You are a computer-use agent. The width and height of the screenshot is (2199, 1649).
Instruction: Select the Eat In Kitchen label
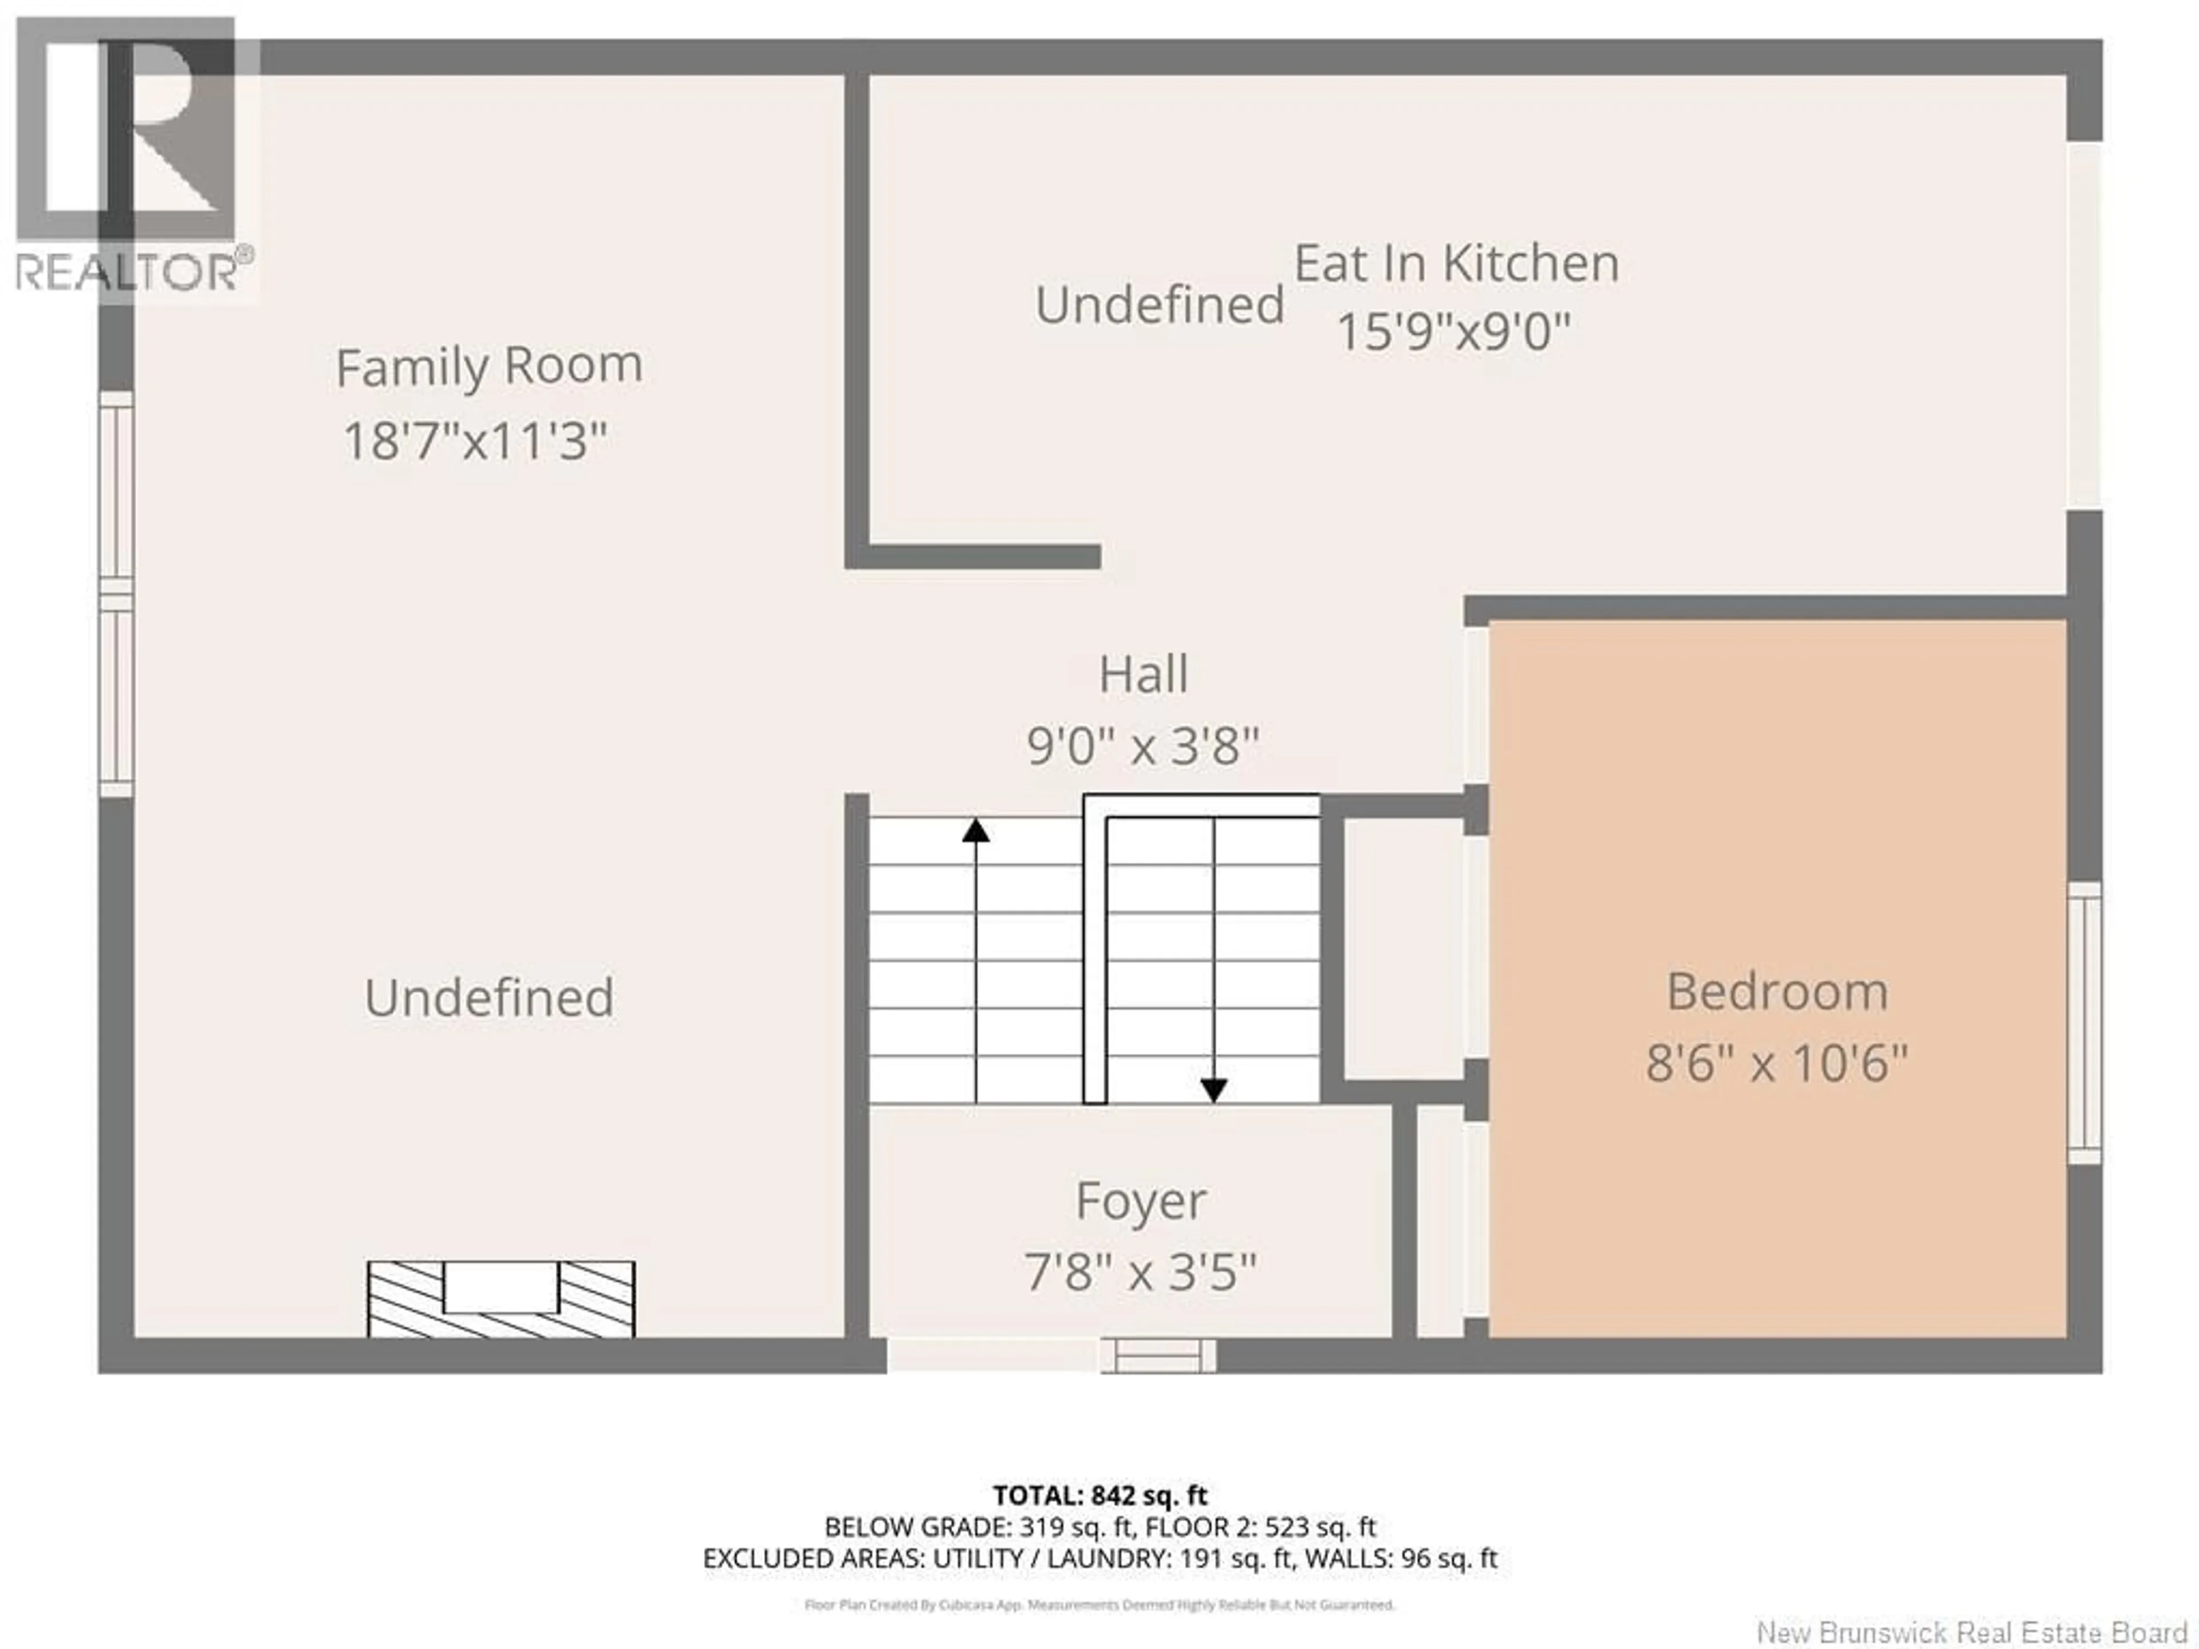pos(1456,263)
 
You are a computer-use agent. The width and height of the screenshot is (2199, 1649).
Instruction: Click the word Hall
pos(1142,675)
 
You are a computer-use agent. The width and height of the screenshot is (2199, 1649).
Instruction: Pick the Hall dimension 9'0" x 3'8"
pos(1142,745)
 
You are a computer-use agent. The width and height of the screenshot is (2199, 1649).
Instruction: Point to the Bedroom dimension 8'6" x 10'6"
pos(1776,1063)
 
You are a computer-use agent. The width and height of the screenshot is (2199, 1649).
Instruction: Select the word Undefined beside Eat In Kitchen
pos(1159,304)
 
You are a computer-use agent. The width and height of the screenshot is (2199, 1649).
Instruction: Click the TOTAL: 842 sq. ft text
pos(1099,1495)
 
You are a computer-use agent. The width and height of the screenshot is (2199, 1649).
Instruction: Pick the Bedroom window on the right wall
pos(2084,1023)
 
